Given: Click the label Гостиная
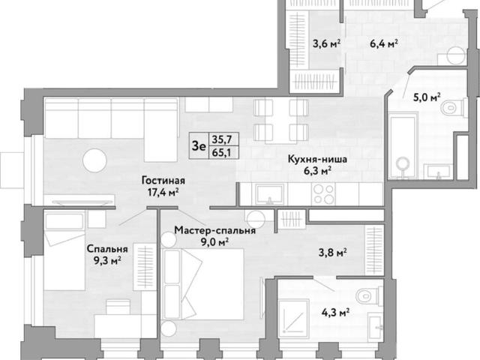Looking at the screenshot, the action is (x=163, y=180).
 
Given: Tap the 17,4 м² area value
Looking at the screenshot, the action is (x=163, y=193).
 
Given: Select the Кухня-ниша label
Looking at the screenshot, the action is (x=317, y=159).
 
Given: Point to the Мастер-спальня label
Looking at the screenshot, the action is (x=215, y=230).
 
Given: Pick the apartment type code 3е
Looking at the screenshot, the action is (x=199, y=146).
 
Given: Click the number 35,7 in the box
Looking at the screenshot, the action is (x=222, y=139).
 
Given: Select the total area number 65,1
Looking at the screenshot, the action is (x=222, y=151).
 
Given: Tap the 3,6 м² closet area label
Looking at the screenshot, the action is (x=327, y=43).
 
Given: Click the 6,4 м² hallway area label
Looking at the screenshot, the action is (x=384, y=43).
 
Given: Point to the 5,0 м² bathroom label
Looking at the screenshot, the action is (x=427, y=98).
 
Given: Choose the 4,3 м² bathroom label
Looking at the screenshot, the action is (x=336, y=313).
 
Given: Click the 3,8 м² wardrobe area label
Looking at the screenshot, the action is (x=333, y=253).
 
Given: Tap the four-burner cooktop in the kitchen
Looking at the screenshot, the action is (x=324, y=194).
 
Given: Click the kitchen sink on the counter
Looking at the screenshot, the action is (x=269, y=194).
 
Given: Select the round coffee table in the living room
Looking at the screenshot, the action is (x=95, y=160).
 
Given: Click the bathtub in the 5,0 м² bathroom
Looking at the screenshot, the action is (x=403, y=145).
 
